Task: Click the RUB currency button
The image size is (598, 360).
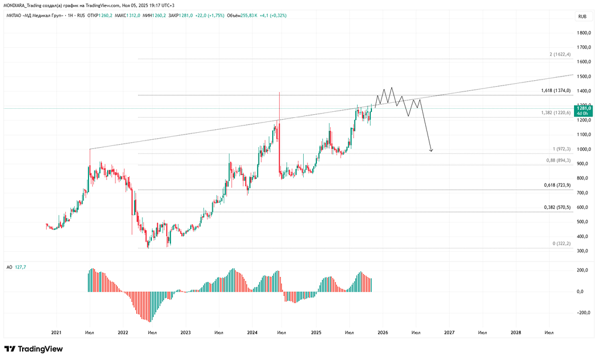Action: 582,16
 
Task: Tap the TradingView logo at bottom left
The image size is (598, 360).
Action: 33,349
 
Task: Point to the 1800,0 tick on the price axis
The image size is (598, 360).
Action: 584,33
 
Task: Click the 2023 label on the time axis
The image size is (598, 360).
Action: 185,332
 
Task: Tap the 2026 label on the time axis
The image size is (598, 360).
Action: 383,332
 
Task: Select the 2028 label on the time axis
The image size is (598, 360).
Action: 515,332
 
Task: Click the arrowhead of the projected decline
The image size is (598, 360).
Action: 431,150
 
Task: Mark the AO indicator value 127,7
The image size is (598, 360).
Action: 20,267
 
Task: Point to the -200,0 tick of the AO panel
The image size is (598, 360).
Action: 583,313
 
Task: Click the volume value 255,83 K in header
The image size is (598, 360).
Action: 249,16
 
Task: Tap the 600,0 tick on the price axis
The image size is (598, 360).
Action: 584,208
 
